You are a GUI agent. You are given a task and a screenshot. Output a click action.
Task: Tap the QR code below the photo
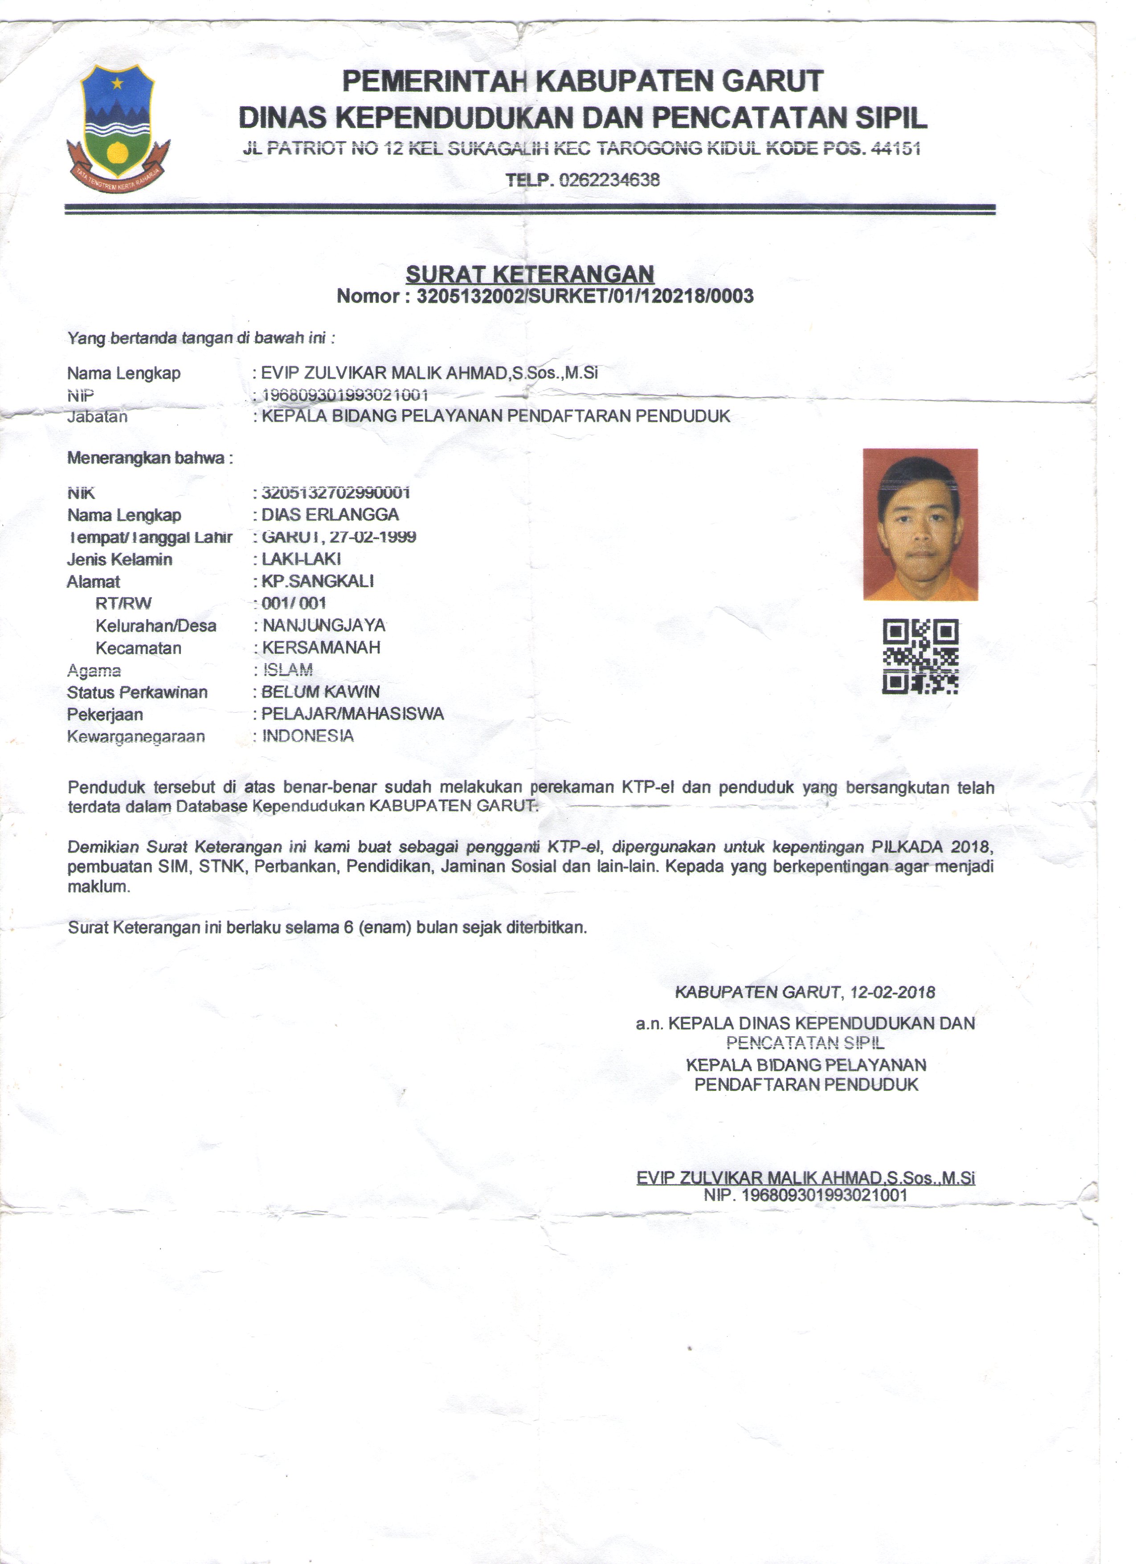pos(920,656)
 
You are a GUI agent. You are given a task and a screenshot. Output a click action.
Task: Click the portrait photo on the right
pos(920,524)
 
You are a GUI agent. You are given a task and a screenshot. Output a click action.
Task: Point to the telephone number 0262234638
pos(609,180)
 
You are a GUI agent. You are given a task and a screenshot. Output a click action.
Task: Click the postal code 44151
pos(895,148)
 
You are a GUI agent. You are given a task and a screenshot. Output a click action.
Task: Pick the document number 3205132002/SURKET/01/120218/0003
pos(584,296)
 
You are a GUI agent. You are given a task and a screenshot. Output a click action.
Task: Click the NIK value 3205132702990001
pos(336,493)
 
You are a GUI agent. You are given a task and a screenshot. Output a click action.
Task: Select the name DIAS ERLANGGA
pos(330,514)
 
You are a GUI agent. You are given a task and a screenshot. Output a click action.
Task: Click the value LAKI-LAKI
pos(301,558)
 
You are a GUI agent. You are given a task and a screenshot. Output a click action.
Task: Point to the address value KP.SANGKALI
pos(318,581)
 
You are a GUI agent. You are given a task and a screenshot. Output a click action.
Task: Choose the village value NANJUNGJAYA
pos(324,625)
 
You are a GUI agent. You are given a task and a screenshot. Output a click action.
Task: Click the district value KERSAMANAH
pos(321,648)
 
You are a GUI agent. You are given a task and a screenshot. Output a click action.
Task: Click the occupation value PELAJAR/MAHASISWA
pos(353,714)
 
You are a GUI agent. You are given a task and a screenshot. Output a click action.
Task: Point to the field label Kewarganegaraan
pos(136,736)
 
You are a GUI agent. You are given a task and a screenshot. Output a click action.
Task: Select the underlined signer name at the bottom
pos(805,1178)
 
